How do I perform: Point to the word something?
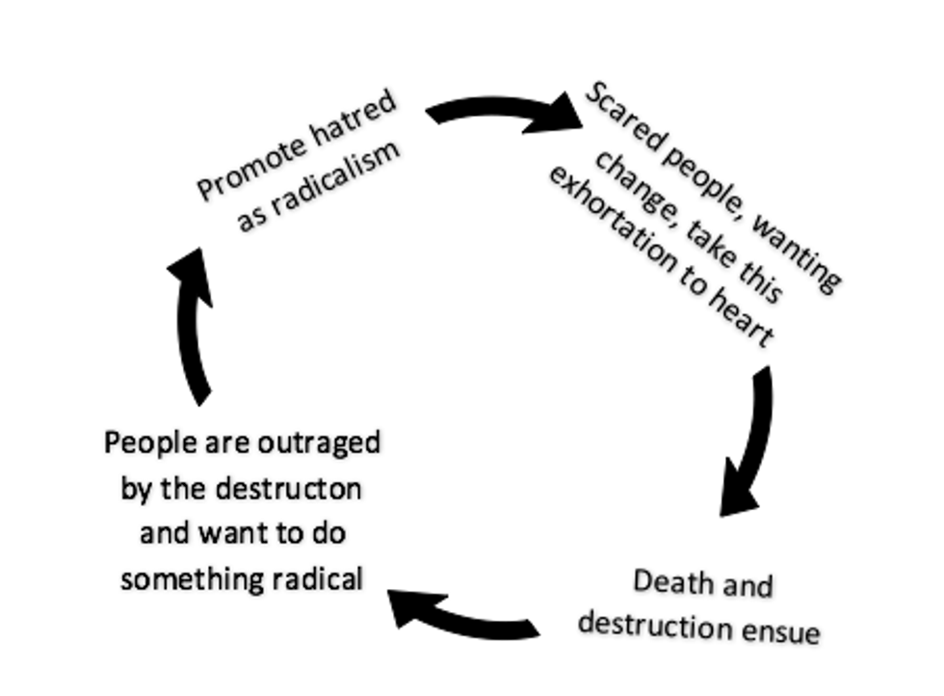179,578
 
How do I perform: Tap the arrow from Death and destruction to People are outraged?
462,616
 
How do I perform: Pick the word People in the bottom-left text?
144,443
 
